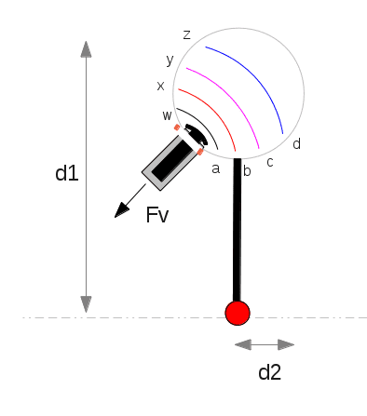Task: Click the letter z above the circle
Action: click(187, 34)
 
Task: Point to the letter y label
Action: click(170, 60)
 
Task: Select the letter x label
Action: click(160, 86)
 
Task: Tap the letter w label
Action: click(167, 115)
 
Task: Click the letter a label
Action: click(215, 168)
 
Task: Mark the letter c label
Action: click(270, 162)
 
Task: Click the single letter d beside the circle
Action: click(296, 144)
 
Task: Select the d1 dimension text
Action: click(65, 173)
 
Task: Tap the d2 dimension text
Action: click(269, 372)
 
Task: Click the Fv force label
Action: click(156, 216)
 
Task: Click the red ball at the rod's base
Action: click(238, 314)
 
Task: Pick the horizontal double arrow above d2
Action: click(265, 344)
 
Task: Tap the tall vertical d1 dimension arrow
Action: click(86, 177)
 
